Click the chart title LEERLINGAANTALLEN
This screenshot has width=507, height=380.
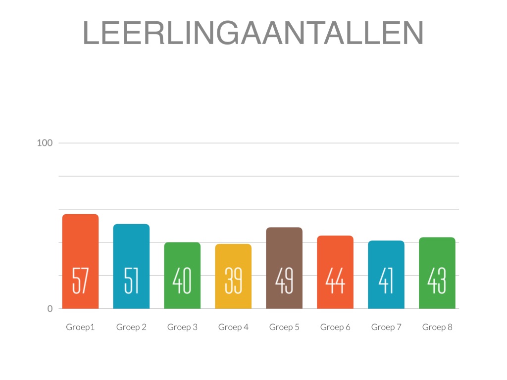click(x=253, y=33)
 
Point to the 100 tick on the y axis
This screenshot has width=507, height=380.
click(x=45, y=143)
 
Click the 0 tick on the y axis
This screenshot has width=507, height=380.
click(x=50, y=309)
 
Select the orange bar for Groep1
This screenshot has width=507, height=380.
click(x=80, y=247)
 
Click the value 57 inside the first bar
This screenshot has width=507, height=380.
click(x=80, y=281)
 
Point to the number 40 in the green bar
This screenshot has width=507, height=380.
click(x=182, y=281)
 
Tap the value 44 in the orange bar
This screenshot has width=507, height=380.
click(x=335, y=281)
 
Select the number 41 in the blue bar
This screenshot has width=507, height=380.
click(x=386, y=281)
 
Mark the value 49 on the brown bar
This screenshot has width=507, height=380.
click(x=284, y=281)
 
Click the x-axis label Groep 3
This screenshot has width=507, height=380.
click(x=182, y=327)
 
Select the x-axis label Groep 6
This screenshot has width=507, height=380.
click(x=335, y=327)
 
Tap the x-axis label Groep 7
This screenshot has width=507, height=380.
click(x=386, y=327)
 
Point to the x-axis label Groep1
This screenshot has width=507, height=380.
click(x=80, y=327)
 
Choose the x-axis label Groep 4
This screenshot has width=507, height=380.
click(x=233, y=327)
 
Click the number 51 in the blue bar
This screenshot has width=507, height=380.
click(x=131, y=281)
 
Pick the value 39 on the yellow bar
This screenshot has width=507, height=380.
click(x=233, y=281)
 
